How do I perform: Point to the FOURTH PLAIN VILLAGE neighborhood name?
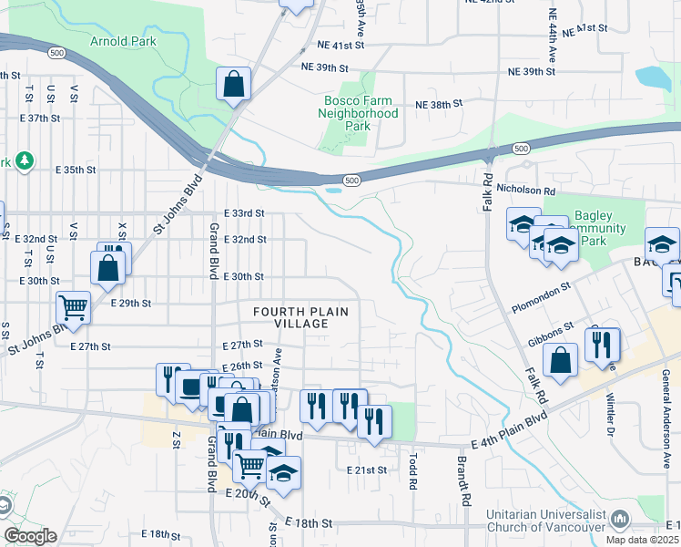click(x=301, y=317)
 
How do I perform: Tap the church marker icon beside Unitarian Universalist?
click(x=620, y=520)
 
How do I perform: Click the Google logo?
click(x=30, y=536)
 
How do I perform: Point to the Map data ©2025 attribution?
click(x=645, y=540)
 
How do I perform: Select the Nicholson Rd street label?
click(x=525, y=191)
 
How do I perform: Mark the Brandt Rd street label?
click(x=462, y=480)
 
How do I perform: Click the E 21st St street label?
click(x=367, y=470)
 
